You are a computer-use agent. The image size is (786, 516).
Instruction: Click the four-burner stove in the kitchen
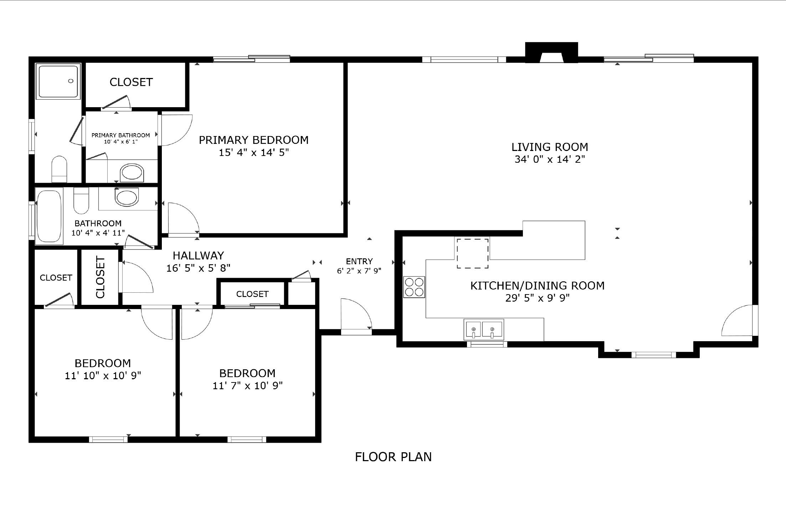pyautogui.click(x=414, y=287)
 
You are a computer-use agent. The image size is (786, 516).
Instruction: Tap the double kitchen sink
pyautogui.click(x=483, y=329)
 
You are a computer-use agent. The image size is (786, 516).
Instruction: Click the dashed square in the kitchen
pyautogui.click(x=473, y=253)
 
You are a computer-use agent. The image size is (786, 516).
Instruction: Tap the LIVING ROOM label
pyautogui.click(x=550, y=147)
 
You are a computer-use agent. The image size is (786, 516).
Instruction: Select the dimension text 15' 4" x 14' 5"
pyautogui.click(x=253, y=153)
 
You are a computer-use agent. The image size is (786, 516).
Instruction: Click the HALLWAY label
pyautogui.click(x=198, y=256)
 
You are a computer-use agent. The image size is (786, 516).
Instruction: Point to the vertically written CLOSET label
pyautogui.click(x=101, y=277)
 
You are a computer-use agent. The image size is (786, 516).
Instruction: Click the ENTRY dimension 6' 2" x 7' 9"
pyautogui.click(x=359, y=271)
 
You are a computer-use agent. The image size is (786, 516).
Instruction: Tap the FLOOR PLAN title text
pyautogui.click(x=393, y=457)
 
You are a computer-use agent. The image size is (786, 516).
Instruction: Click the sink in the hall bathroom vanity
pyautogui.click(x=127, y=197)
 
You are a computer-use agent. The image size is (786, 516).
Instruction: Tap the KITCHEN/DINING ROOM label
pyautogui.click(x=537, y=286)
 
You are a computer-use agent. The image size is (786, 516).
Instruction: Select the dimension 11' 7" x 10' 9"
pyautogui.click(x=247, y=386)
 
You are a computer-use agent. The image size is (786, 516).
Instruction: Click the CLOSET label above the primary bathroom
pyautogui.click(x=131, y=82)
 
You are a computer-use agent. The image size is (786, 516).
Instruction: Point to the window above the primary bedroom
pyautogui.click(x=252, y=59)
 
